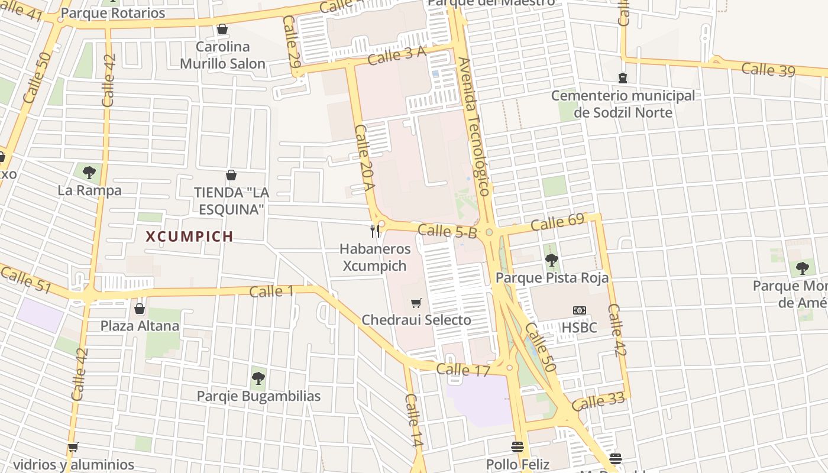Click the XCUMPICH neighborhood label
point(189,237)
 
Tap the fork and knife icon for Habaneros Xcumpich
point(374,231)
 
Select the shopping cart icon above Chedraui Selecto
point(416,303)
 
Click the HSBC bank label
point(579,327)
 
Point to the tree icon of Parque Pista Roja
point(551,260)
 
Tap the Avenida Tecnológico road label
point(474,127)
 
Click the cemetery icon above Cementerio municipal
point(622,77)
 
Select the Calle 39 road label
point(768,69)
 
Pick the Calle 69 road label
point(557,222)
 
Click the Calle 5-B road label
point(447,231)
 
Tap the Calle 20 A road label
point(365,157)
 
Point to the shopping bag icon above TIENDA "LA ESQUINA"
point(231,175)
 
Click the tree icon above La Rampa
point(89,173)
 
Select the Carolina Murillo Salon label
point(222,55)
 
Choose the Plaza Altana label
point(140,326)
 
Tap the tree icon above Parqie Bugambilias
point(258,378)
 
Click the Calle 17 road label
point(463,370)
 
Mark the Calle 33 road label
point(598,402)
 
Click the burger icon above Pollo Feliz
point(517,446)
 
